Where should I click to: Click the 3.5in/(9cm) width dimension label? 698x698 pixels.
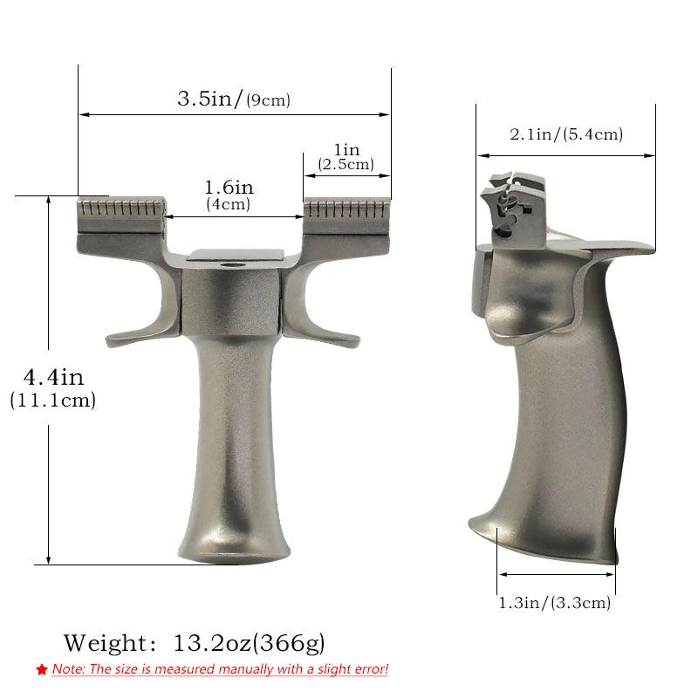tap(233, 98)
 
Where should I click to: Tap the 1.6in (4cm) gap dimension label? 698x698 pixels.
tap(228, 195)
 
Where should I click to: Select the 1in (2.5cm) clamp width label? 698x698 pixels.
tap(346, 157)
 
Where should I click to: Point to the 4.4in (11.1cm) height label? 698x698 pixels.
tap(53, 388)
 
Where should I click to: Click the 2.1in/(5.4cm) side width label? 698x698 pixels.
tap(566, 133)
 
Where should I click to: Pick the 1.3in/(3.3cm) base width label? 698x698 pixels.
tap(555, 602)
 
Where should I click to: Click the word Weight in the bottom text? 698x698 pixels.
tap(106, 644)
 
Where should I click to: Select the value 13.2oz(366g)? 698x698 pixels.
tap(250, 644)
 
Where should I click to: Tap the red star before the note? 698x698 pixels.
tap(42, 670)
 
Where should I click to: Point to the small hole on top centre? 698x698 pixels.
tap(233, 262)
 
